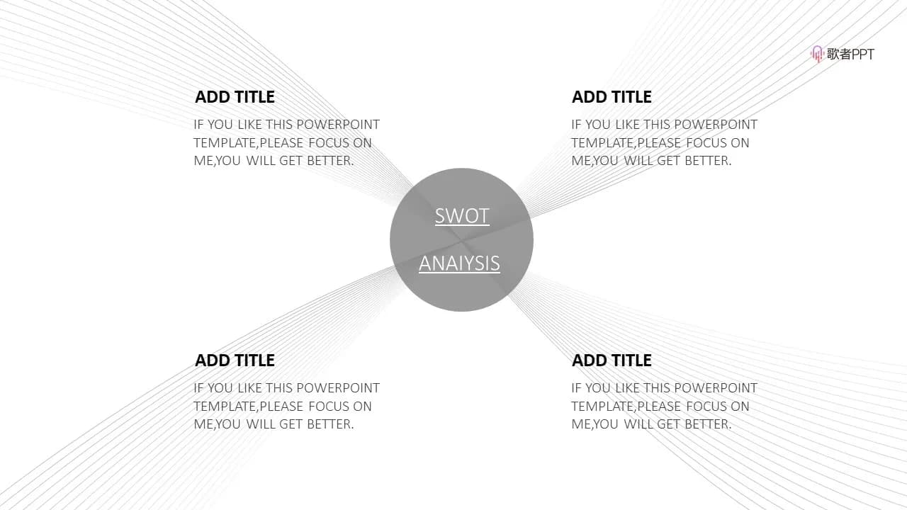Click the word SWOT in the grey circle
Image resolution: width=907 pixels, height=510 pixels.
point(462,216)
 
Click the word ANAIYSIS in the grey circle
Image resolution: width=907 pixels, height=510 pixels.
point(460,263)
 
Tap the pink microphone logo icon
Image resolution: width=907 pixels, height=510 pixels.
point(817,54)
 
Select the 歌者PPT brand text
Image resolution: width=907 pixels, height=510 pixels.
point(850,54)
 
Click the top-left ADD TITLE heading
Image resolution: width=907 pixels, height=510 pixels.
point(235,97)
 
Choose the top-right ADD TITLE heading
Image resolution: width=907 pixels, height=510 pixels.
point(612,97)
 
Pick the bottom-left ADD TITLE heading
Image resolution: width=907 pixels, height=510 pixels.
point(235,361)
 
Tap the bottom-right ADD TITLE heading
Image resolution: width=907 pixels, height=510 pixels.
point(612,361)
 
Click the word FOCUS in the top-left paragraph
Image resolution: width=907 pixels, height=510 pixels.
point(329,143)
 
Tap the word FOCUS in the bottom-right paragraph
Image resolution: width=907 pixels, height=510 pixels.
point(706,407)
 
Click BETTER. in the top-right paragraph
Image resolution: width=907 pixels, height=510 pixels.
point(708,161)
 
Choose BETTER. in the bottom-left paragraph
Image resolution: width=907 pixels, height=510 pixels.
point(330,424)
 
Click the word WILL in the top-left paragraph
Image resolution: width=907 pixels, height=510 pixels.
point(260,161)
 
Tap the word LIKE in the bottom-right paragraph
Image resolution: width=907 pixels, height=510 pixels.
point(628,388)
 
